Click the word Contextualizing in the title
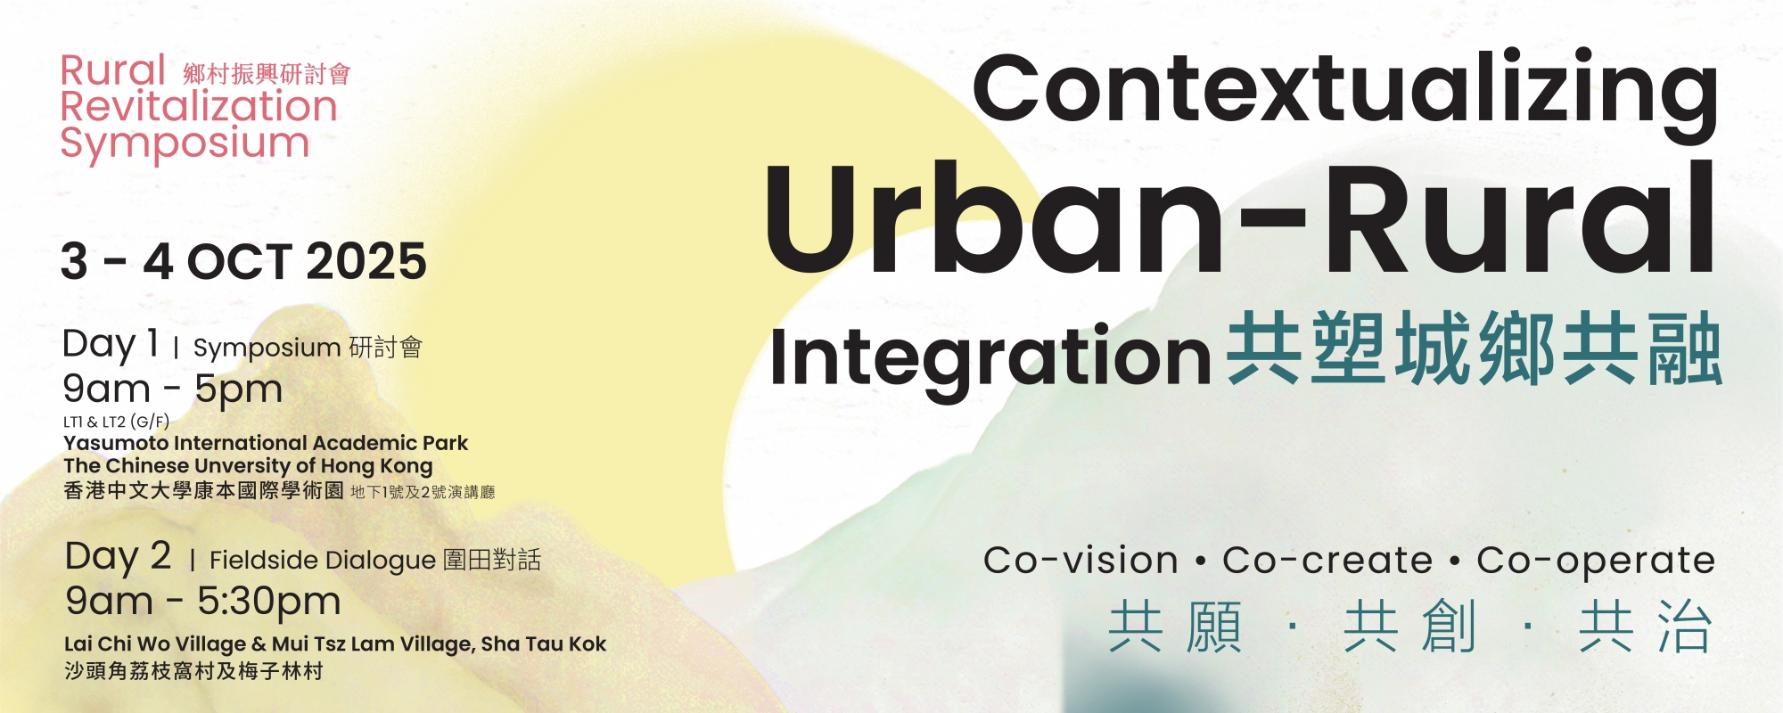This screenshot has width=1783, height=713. point(1344,93)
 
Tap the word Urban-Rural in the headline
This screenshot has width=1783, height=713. point(1239,219)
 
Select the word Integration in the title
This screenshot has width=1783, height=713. point(990,358)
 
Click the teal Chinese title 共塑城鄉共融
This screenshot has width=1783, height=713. point(1474,349)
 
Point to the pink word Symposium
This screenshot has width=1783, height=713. point(185,144)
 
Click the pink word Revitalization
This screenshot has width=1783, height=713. point(199,106)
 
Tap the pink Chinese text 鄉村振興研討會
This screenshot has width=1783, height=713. point(267,74)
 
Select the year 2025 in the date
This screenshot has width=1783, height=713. point(366,261)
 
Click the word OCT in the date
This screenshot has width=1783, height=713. point(240,261)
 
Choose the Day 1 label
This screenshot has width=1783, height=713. point(111,344)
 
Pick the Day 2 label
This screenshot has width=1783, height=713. point(118,557)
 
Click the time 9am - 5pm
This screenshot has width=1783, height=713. point(173,389)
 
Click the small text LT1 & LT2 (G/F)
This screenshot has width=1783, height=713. point(116,422)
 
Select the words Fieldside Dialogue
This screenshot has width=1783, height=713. point(323,560)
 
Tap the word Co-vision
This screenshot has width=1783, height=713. point(1081,561)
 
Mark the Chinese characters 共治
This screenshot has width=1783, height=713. point(1646,627)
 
